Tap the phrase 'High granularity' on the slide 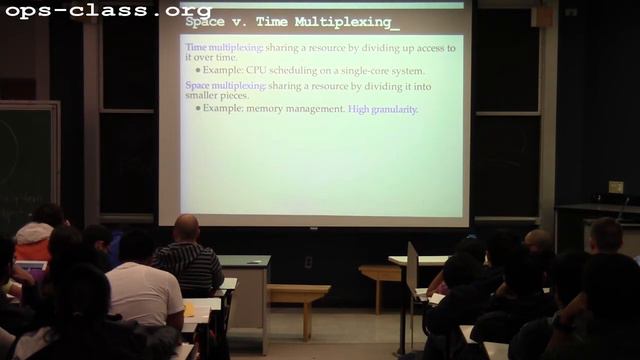383,108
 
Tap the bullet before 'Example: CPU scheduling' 198,72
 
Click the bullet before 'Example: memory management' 198,108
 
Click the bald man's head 186,228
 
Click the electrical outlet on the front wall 308,261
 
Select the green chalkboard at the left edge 25,160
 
